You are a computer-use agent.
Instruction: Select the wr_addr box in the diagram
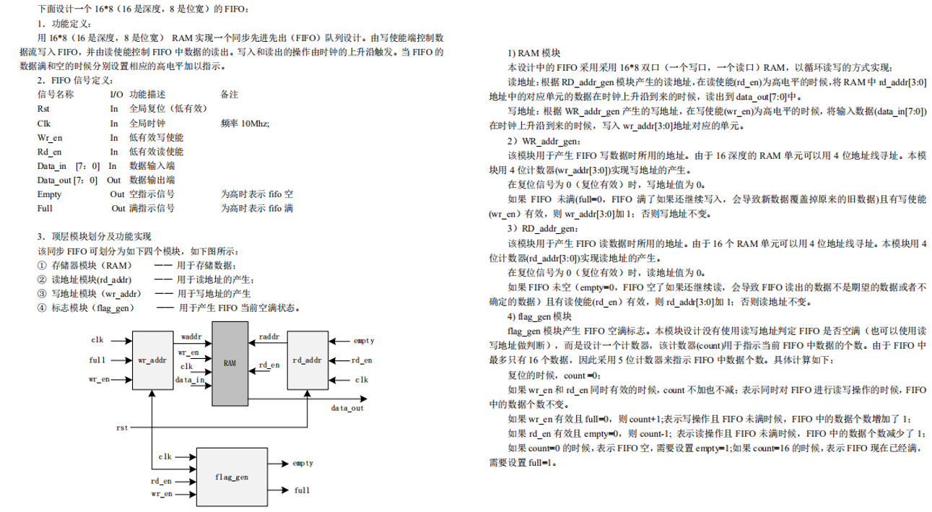(x=152, y=359)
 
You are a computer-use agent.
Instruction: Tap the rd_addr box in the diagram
(x=308, y=360)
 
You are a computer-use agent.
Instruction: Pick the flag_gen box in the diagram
(x=232, y=477)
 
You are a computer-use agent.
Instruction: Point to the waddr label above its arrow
(x=192, y=337)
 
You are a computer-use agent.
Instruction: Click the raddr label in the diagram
(x=269, y=337)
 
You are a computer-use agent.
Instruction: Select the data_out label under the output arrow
(x=347, y=408)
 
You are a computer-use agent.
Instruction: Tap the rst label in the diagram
(x=123, y=428)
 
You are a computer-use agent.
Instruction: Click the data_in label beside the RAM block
(x=189, y=379)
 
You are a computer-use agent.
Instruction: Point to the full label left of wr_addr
(x=97, y=359)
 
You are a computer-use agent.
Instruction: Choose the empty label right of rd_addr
(x=363, y=339)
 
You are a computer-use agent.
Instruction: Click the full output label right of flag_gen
(x=302, y=490)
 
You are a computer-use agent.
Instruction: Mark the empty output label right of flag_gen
(x=302, y=464)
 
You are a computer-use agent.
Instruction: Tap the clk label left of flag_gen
(x=165, y=456)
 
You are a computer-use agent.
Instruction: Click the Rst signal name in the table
(x=43, y=109)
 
